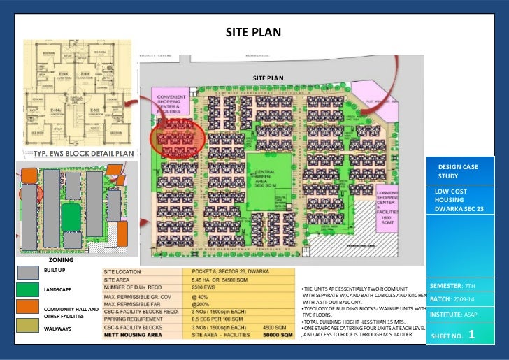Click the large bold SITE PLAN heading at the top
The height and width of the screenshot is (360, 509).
point(252,32)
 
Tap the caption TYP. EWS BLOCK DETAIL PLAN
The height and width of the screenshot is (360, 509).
point(83,154)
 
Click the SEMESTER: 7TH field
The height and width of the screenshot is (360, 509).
point(452,287)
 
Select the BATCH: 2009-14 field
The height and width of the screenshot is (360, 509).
point(453,300)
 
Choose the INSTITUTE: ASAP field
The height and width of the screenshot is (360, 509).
point(454,315)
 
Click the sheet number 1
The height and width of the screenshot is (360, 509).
point(471,335)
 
